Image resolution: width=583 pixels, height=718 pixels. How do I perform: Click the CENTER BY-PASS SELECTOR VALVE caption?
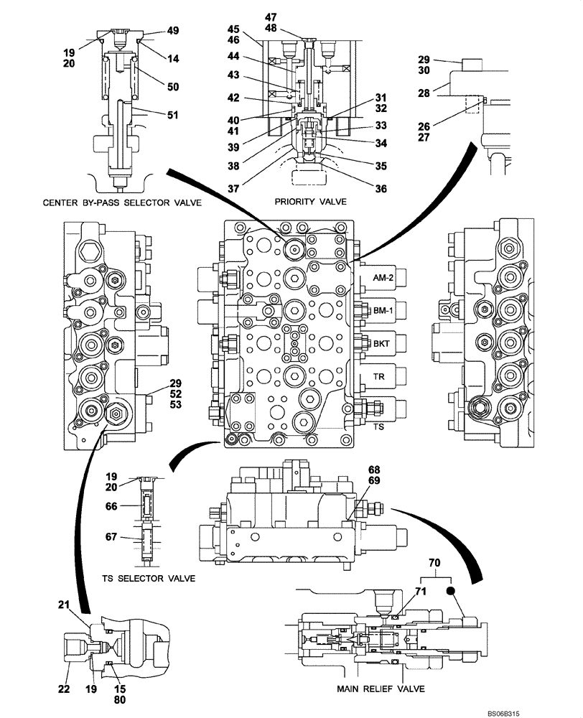[x=121, y=203]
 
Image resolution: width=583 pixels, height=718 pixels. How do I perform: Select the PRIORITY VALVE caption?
[x=310, y=202]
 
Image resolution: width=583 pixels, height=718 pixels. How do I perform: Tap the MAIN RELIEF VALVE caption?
[x=380, y=689]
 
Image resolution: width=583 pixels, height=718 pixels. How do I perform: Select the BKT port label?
[x=381, y=344]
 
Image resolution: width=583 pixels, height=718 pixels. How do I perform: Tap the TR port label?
[x=379, y=376]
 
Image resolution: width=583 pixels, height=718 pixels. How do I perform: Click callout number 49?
[x=173, y=30]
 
